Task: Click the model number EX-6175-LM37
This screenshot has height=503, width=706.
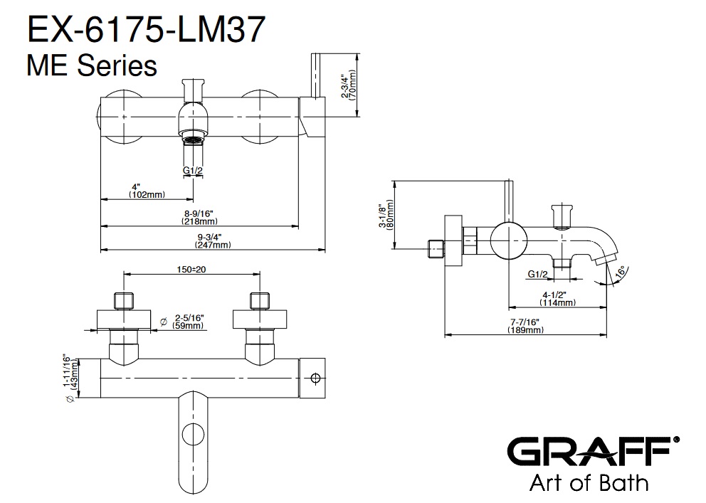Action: tap(147, 30)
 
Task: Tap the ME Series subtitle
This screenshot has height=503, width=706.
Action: tap(92, 65)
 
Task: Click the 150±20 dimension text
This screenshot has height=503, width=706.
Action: tap(191, 270)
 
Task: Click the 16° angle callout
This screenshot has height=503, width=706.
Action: tap(620, 273)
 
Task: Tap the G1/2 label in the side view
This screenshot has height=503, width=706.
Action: tap(537, 274)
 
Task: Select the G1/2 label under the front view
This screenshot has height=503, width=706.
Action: tap(193, 171)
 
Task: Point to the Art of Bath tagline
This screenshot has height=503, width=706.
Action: tap(589, 483)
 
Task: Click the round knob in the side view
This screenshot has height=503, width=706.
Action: tap(509, 240)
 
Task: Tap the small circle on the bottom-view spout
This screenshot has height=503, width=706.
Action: tap(193, 435)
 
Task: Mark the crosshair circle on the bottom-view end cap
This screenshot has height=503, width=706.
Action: tap(315, 378)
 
